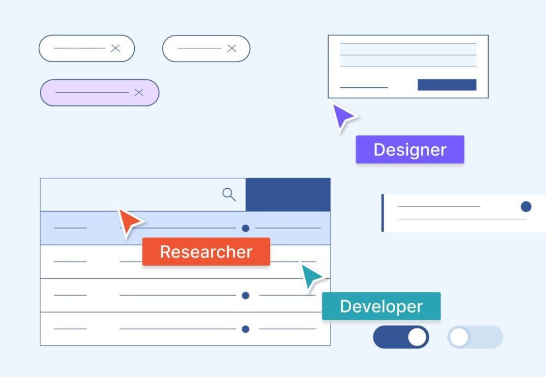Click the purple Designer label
tap(410, 149)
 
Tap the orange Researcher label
tap(206, 252)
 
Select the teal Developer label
tap(381, 306)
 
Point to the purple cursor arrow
tap(343, 117)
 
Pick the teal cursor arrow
tap(312, 276)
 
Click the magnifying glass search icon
tap(229, 194)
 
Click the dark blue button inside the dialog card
tap(447, 85)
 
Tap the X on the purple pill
tap(139, 92)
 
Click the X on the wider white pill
tap(115, 48)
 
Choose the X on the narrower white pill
tap(232, 48)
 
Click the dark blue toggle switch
tap(401, 337)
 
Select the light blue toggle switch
tap(475, 337)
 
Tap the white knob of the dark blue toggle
tap(417, 337)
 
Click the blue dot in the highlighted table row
tap(246, 228)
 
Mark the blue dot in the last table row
tap(246, 329)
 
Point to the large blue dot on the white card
tap(526, 206)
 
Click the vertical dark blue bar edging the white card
tap(383, 213)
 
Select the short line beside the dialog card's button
tap(364, 87)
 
